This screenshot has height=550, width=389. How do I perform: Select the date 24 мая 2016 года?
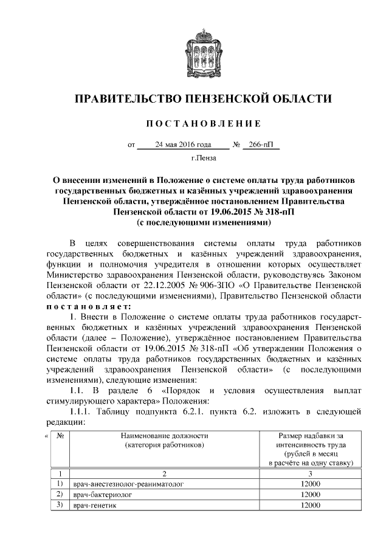[x=184, y=145]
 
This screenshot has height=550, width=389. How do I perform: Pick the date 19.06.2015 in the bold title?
[x=232, y=211]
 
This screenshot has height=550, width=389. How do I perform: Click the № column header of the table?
[x=60, y=436]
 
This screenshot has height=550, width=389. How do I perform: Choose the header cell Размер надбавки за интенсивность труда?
[x=311, y=449]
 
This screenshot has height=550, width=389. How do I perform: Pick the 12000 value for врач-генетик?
[x=311, y=506]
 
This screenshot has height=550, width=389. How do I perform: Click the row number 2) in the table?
[x=60, y=495]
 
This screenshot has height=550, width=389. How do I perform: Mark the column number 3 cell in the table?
[x=311, y=473]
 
